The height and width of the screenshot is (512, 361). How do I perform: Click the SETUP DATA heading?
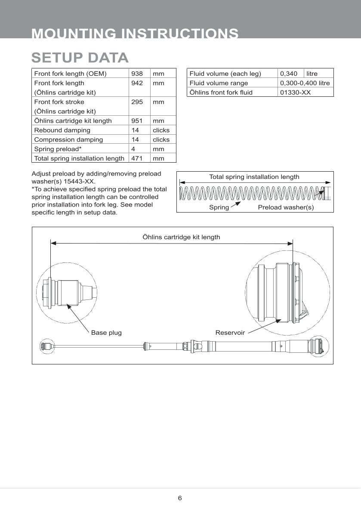click(80, 58)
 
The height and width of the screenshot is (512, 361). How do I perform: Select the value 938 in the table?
click(137, 74)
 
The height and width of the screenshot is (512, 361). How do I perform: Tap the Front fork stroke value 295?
click(137, 102)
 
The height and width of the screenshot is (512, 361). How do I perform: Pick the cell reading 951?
click(137, 121)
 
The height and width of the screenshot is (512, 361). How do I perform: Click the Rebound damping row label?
click(62, 130)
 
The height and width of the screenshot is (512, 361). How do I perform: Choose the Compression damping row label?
click(68, 140)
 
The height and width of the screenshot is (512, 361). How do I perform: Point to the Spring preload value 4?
click(133, 149)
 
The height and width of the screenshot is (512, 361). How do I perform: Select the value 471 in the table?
click(137, 159)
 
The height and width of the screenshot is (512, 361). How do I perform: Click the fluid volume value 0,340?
click(289, 74)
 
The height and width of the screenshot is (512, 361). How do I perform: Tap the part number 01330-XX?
click(295, 93)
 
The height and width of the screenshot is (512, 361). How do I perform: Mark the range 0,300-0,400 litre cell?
click(305, 83)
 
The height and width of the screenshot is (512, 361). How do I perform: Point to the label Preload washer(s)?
click(286, 207)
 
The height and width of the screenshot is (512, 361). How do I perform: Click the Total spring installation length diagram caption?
click(254, 177)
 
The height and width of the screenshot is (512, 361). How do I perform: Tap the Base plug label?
click(106, 333)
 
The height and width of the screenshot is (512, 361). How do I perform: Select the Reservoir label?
click(230, 333)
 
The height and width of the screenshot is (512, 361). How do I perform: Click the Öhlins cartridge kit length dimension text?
click(181, 237)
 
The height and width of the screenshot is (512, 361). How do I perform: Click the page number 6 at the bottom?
click(180, 498)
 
